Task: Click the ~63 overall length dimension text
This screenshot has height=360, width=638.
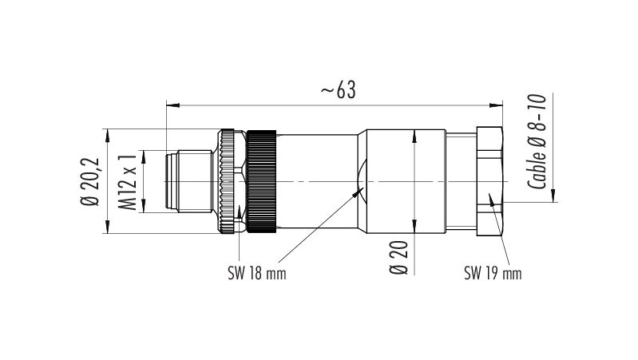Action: click(338, 90)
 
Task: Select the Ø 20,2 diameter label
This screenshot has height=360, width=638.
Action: click(90, 181)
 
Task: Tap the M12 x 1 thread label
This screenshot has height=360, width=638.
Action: click(127, 181)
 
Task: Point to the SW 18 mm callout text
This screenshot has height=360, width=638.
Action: click(257, 273)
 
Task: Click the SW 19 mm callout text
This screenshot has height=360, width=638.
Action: click(493, 273)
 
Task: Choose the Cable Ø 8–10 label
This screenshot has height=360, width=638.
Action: click(537, 141)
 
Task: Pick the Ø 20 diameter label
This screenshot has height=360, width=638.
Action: click(398, 257)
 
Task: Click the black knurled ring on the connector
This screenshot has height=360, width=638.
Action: click(262, 181)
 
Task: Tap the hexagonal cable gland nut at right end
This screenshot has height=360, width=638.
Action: click(489, 181)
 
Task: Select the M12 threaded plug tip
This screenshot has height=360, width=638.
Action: click(189, 181)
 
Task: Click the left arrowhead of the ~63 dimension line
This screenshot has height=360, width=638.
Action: click(173, 105)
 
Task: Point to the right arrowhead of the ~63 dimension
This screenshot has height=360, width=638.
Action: click(496, 105)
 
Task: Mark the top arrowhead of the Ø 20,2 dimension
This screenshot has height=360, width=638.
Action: click(108, 136)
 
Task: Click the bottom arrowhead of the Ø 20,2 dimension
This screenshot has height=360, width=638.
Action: click(108, 227)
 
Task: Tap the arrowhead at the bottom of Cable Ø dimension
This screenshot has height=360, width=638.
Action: click(553, 196)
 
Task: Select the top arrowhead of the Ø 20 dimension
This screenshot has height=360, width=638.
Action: click(414, 136)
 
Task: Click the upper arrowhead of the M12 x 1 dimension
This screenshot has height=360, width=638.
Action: click(144, 157)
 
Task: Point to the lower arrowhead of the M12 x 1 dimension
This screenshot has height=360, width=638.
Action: click(144, 206)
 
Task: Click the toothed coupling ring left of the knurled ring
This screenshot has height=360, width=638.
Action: click(227, 181)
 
